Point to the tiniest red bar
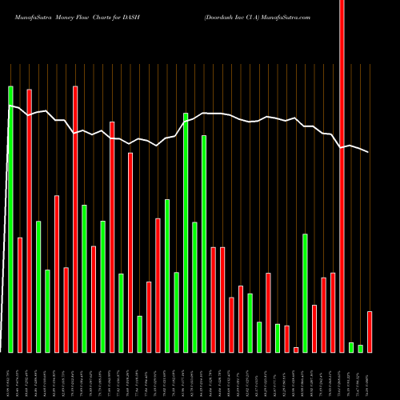(296, 350)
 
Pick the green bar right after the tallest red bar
(351, 347)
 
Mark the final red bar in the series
(370, 332)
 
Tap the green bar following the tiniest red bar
(305, 293)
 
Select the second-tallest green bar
(186, 232)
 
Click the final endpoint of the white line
(369, 152)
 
